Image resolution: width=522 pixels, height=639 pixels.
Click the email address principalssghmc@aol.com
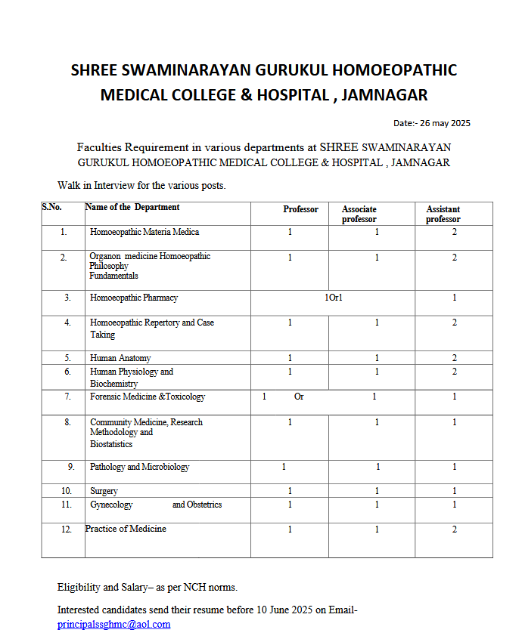coord(113,625)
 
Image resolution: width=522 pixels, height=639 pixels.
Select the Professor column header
coord(300,209)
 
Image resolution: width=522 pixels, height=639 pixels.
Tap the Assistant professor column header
coord(443,215)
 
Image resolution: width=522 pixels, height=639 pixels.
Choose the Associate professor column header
coord(359,215)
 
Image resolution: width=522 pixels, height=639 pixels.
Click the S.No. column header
coord(51,207)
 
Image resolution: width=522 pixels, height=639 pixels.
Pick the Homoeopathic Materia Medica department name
coord(144,232)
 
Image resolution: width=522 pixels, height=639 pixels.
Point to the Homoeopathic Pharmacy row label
coord(133,298)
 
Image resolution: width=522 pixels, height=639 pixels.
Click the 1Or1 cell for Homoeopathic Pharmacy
coord(334,298)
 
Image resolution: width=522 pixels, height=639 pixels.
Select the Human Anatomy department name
coord(120,358)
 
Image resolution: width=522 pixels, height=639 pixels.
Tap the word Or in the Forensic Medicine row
coord(299,397)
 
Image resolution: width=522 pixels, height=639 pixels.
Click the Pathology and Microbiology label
coord(139,467)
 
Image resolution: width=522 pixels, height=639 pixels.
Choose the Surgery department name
coord(104,491)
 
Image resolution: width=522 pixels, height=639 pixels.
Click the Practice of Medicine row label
coord(126,529)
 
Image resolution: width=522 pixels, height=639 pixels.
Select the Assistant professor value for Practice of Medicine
coord(455,529)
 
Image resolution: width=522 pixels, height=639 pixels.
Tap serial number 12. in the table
coord(67,529)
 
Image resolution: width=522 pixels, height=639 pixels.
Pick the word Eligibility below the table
coord(79,587)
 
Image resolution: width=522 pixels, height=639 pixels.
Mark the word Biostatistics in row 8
coord(111,444)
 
